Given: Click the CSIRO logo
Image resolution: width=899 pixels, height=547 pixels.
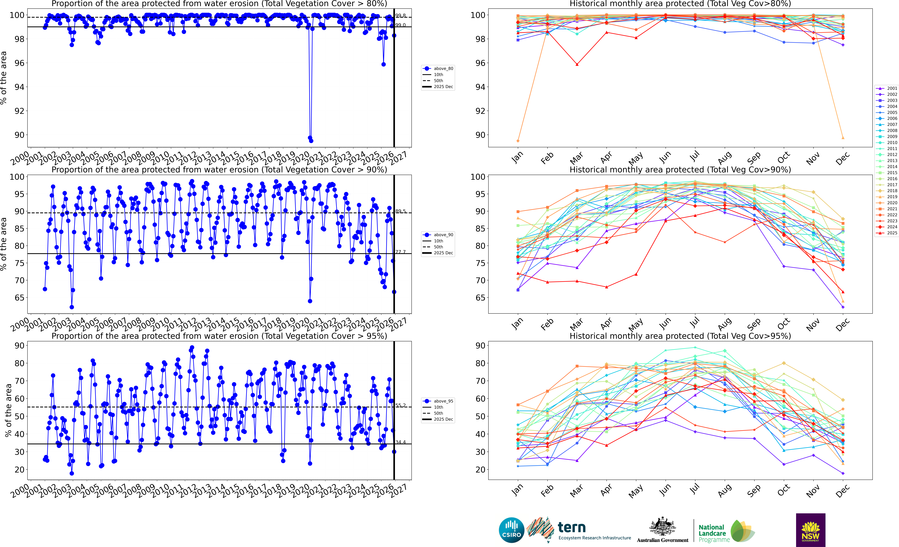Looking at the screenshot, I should coord(512,530).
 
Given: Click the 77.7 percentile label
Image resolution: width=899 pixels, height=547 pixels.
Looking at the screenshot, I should coord(400,252).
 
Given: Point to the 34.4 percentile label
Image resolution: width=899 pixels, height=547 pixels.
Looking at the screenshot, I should coord(400,442).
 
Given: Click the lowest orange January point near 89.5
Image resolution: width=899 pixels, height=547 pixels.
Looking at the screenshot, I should coord(518,141).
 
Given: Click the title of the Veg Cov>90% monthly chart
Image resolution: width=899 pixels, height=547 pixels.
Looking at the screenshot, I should coord(680,170).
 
